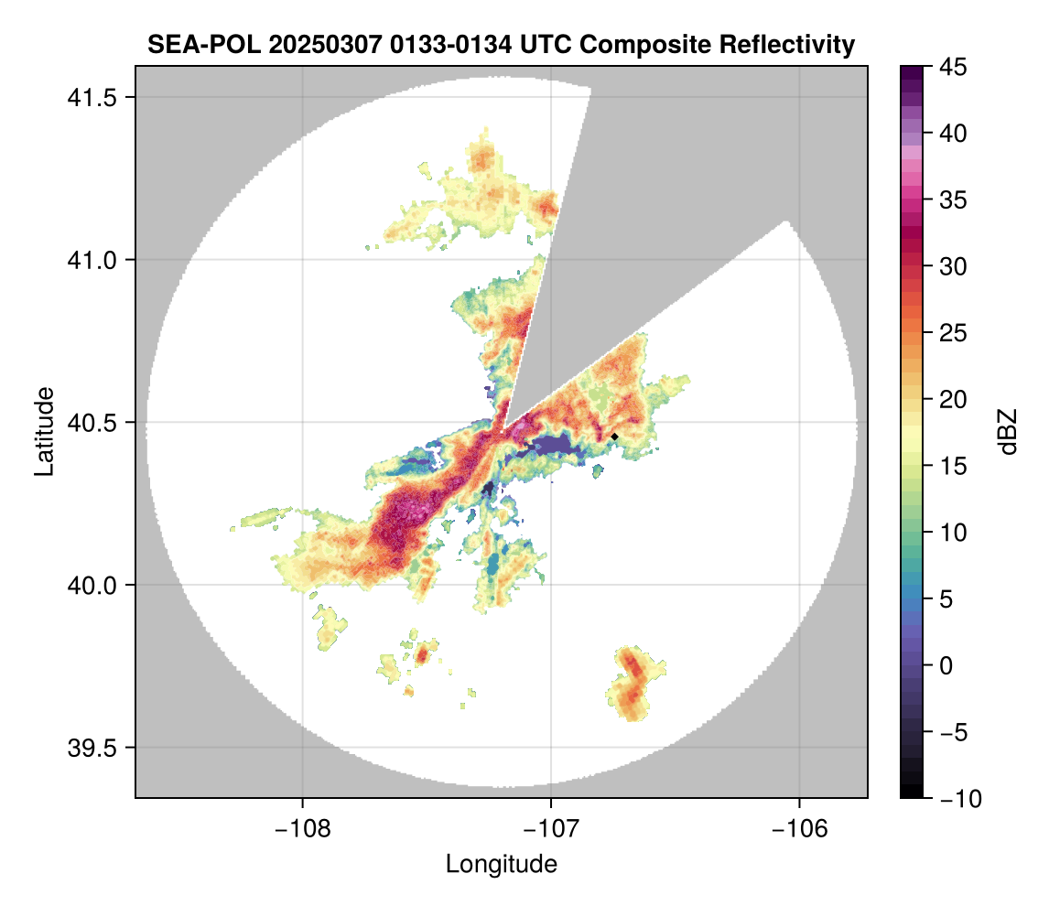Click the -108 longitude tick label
301,828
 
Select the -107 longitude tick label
551,828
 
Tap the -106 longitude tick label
800,828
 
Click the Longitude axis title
501,863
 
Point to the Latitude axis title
43,430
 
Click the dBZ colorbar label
1007,432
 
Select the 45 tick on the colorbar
953,67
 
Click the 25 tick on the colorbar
953,333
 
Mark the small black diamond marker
615,437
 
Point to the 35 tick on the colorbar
953,200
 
